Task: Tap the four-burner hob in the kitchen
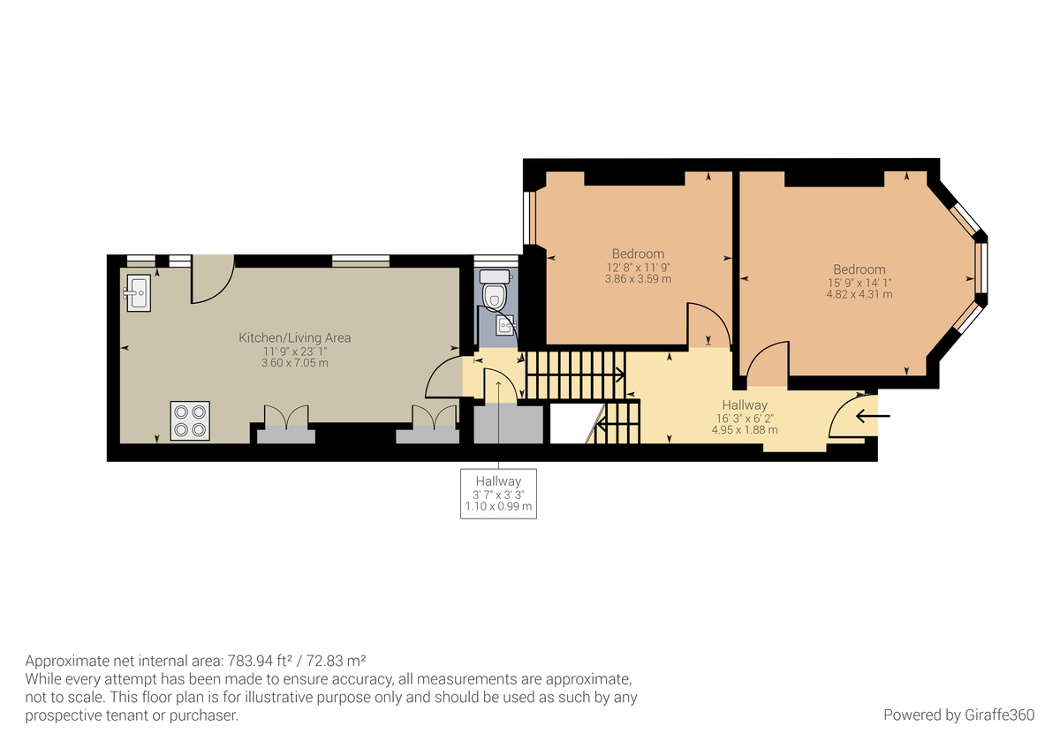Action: [x=190, y=420]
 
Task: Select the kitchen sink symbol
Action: [x=138, y=292]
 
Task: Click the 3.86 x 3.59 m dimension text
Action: [x=638, y=279]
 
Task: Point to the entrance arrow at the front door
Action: [x=873, y=415]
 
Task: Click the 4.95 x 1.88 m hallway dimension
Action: [x=744, y=430]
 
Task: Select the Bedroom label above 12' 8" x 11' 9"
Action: [x=638, y=253]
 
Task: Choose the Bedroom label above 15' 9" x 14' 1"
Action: [x=859, y=269]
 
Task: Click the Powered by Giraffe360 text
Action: [x=958, y=715]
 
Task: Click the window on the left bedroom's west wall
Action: [x=530, y=217]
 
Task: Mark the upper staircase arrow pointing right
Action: [x=617, y=374]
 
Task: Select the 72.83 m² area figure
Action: [x=337, y=661]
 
